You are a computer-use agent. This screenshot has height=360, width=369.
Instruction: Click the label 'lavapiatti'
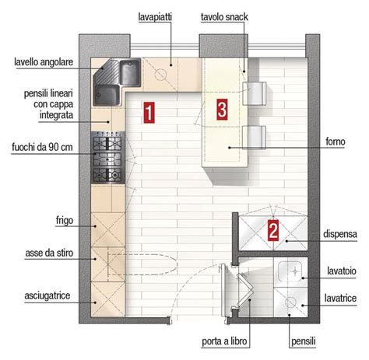[155, 17]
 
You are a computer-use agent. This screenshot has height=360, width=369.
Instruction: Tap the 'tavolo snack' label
[224, 17]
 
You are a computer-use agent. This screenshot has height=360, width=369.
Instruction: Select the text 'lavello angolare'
[44, 62]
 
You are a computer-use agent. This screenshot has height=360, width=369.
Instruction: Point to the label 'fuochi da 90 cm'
[42, 147]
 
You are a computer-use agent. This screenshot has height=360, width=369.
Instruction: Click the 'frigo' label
[65, 221]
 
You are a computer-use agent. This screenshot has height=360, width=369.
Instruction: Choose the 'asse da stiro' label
[49, 253]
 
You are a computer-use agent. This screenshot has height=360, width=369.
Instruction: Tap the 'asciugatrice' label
[47, 295]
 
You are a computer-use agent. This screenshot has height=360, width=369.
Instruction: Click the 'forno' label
[336, 142]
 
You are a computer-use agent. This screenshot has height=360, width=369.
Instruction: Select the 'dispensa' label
[340, 234]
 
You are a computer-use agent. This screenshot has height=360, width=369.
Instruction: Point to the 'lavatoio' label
[342, 271]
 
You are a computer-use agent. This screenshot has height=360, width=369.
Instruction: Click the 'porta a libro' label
[224, 341]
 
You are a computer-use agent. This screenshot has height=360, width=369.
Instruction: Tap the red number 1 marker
[149, 113]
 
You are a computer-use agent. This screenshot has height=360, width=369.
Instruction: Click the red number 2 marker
[273, 230]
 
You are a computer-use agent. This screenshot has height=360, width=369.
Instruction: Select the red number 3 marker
[222, 110]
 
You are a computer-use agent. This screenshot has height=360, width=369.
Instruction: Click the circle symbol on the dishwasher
[160, 74]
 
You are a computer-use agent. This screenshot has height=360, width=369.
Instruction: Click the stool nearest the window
[255, 93]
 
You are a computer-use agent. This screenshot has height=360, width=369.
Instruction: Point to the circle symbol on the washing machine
[290, 302]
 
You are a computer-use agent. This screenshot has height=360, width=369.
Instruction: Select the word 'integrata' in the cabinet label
[56, 115]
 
